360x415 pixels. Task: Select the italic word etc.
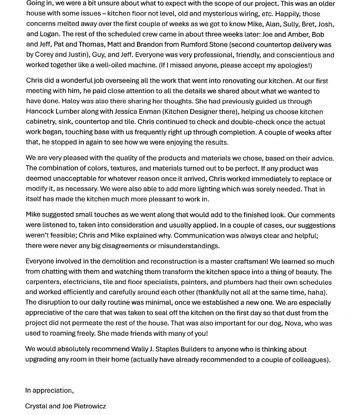point(267,13)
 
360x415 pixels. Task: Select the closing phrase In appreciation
point(49,391)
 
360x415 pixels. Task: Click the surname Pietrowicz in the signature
point(86,406)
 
